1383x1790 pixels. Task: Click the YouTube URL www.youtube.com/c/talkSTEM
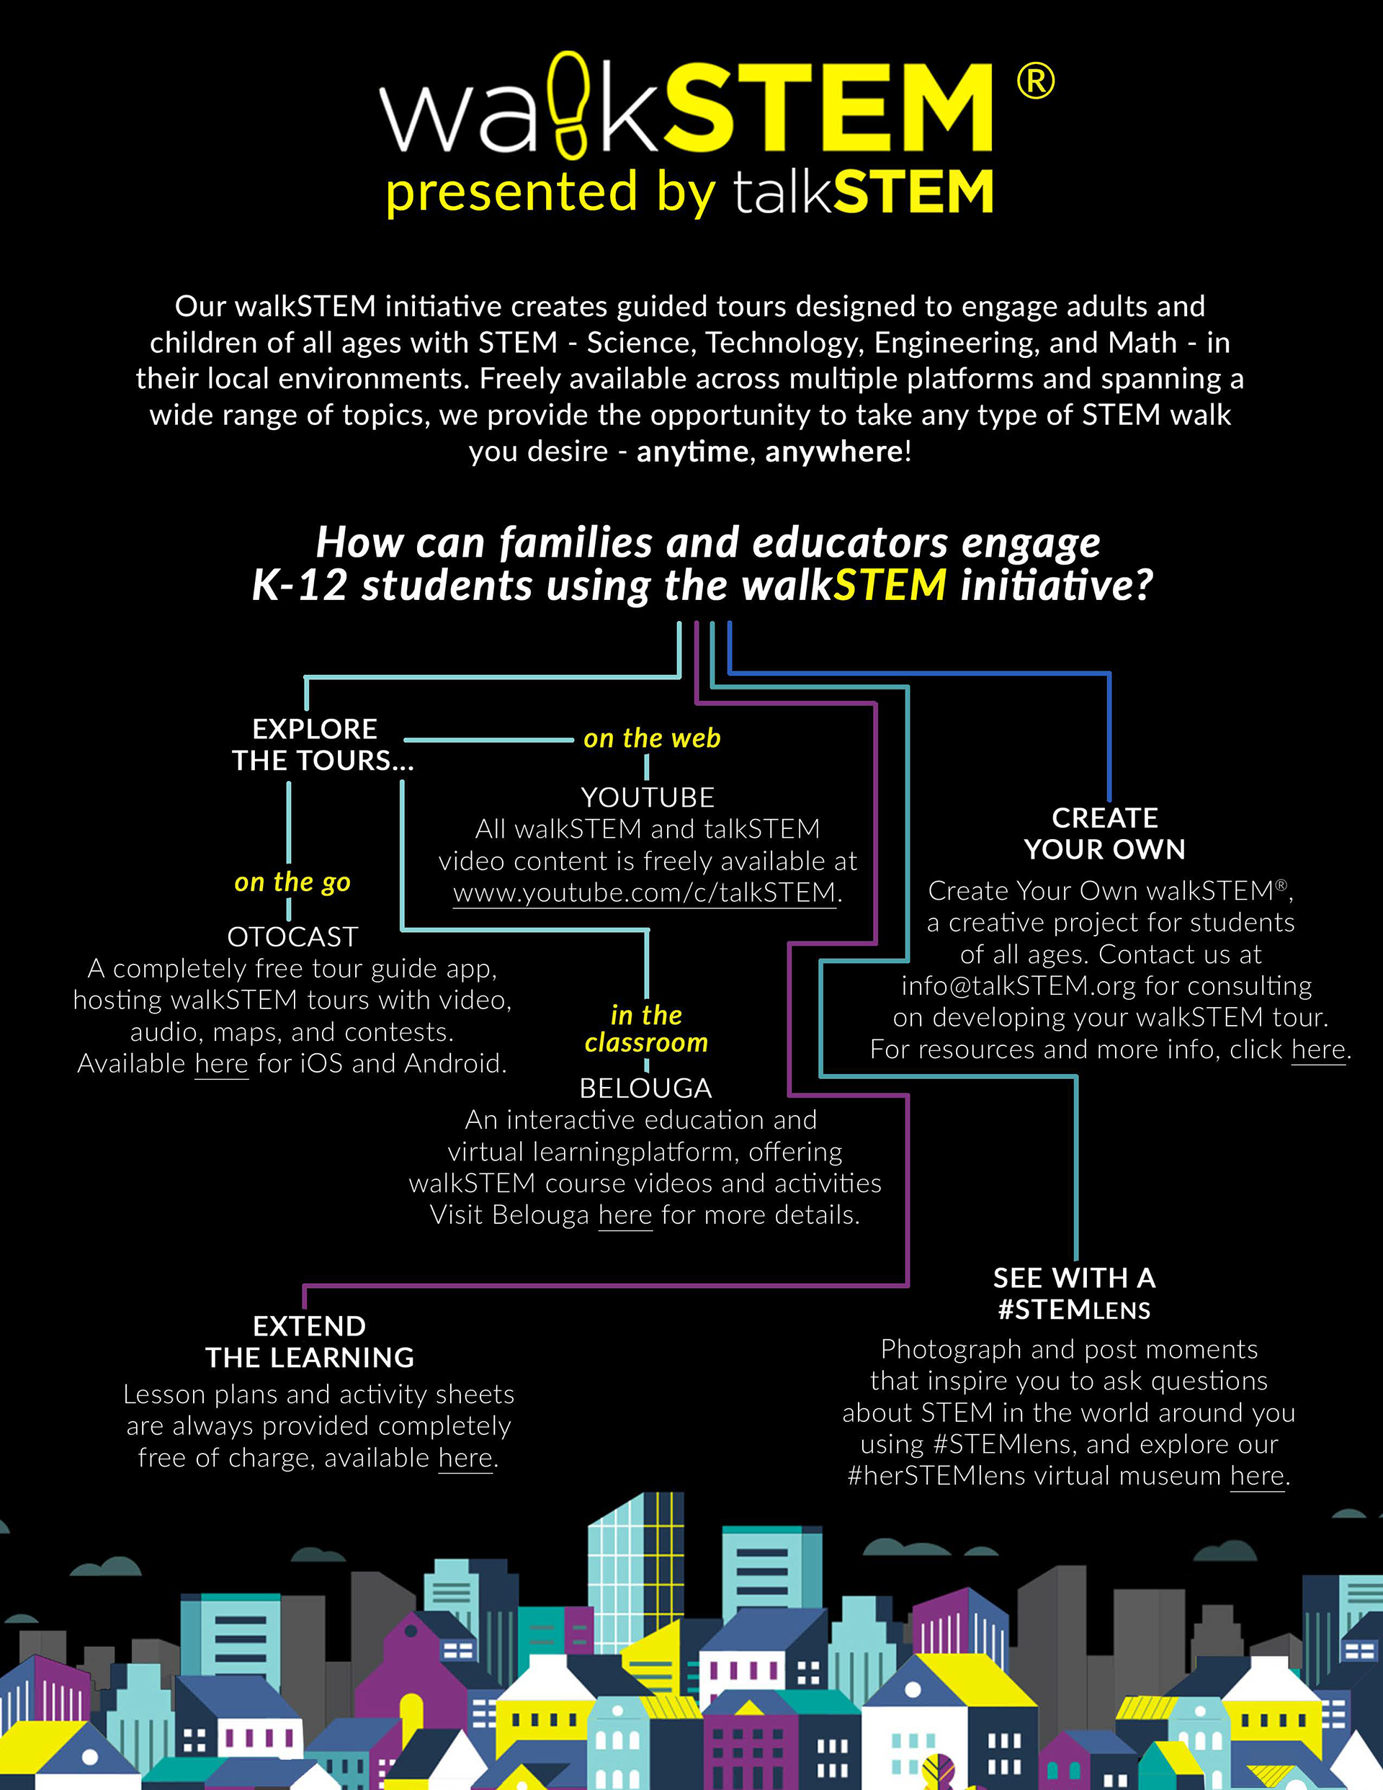[x=645, y=892]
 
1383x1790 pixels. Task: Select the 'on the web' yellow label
[x=652, y=738]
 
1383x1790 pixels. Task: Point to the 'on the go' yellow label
[x=292, y=882]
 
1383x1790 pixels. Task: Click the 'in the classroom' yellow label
[x=647, y=1029]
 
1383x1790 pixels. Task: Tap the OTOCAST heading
[x=292, y=937]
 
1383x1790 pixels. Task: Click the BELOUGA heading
[x=646, y=1088]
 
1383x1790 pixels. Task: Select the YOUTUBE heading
[x=648, y=797]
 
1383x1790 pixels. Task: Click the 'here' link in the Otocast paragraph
[x=221, y=1064]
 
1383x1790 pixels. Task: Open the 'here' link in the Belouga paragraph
[x=625, y=1214]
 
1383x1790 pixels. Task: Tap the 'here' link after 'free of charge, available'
[x=465, y=1458]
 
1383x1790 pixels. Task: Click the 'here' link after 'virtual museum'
[x=1257, y=1476]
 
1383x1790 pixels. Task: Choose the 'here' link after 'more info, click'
[x=1318, y=1050]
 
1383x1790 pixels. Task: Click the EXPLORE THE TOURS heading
[x=322, y=745]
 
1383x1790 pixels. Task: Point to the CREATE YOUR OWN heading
[x=1104, y=833]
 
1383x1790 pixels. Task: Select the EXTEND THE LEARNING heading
[x=310, y=1342]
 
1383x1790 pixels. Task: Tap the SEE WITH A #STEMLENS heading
[x=1074, y=1293]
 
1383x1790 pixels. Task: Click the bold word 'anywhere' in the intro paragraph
[x=833, y=452]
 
